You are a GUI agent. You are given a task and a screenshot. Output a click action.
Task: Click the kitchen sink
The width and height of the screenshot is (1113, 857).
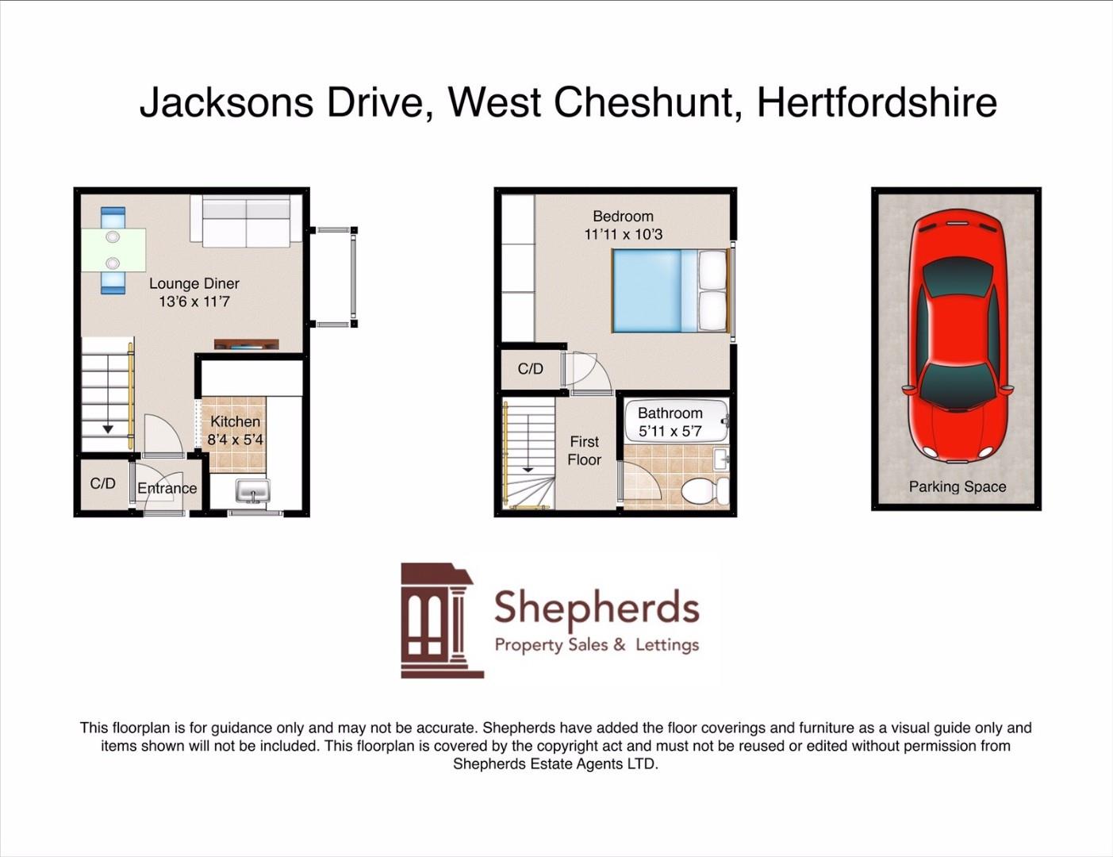tap(253, 491)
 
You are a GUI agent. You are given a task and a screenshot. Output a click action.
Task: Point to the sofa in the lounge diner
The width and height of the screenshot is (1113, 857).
tap(246, 221)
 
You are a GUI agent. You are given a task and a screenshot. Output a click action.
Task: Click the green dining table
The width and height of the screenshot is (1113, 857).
tap(113, 250)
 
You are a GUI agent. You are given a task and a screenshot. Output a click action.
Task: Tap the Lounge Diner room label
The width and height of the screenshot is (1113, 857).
tap(194, 284)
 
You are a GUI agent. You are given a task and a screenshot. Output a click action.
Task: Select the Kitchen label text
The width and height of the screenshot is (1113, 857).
tap(235, 421)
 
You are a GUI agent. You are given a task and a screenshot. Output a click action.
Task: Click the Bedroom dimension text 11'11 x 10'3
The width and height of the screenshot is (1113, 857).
tap(623, 234)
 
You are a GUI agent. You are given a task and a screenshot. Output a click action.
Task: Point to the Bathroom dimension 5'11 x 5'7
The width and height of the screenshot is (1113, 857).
tap(670, 431)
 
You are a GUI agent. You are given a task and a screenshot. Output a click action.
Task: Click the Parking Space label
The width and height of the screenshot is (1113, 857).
tap(957, 486)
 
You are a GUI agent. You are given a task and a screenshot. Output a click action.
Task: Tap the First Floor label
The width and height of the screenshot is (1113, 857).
tap(585, 451)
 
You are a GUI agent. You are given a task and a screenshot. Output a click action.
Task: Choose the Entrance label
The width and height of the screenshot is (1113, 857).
tap(167, 488)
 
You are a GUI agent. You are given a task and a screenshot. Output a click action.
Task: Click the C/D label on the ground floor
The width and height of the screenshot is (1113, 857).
tap(102, 483)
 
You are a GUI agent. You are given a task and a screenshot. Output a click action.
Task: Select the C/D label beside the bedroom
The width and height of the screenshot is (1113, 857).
tap(530, 368)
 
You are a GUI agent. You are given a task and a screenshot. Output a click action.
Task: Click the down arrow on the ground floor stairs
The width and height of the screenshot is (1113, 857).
tap(108, 428)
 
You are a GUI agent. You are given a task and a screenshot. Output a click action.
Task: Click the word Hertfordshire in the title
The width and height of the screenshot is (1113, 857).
tap(877, 102)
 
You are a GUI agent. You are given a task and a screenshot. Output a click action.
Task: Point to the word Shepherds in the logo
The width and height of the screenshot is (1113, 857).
tap(597, 609)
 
